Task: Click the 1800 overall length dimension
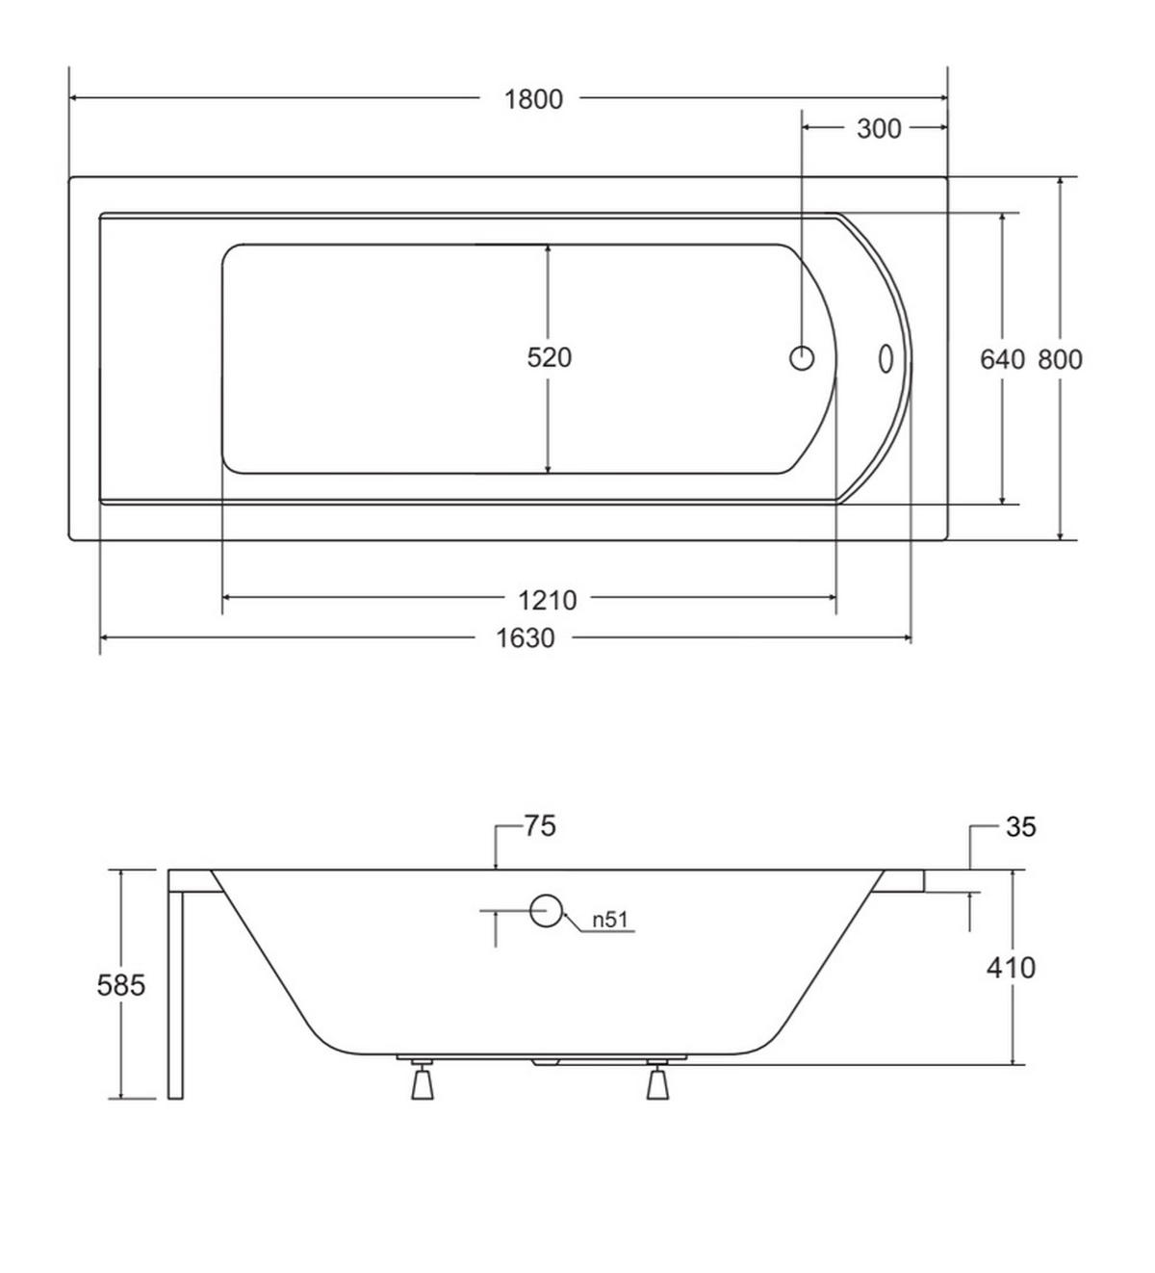click(533, 99)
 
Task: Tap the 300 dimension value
click(879, 129)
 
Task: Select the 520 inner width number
click(549, 358)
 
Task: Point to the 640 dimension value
click(1002, 360)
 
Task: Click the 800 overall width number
click(1060, 360)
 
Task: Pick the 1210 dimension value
click(548, 600)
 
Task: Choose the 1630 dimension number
click(525, 637)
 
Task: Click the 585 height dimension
click(121, 985)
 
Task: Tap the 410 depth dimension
click(1011, 968)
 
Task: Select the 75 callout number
click(540, 826)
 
